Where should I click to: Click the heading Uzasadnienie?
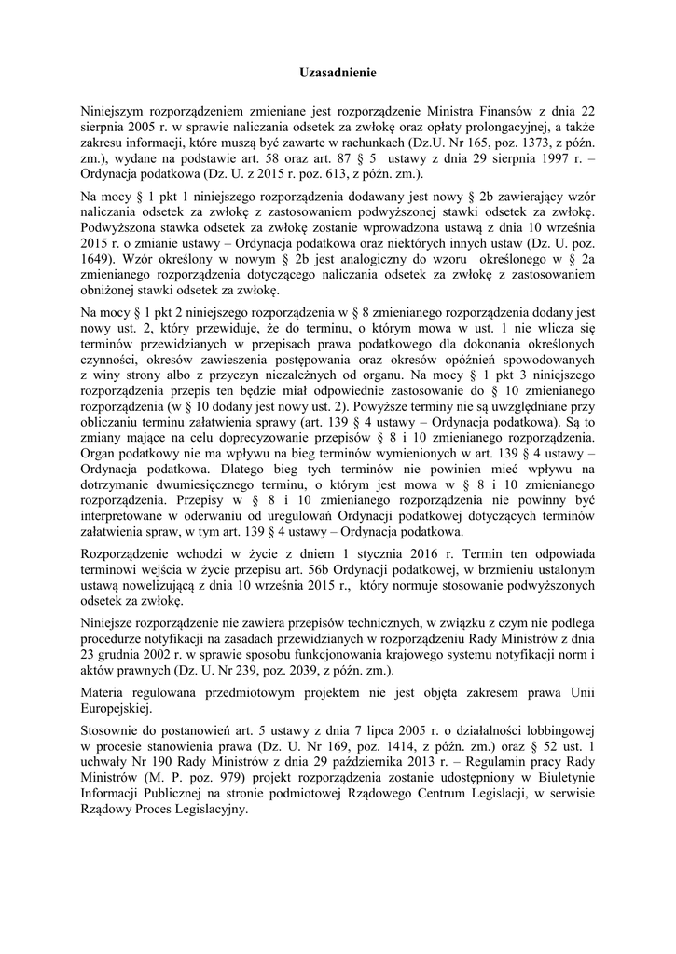click(x=338, y=72)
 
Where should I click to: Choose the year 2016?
click(x=412, y=552)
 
